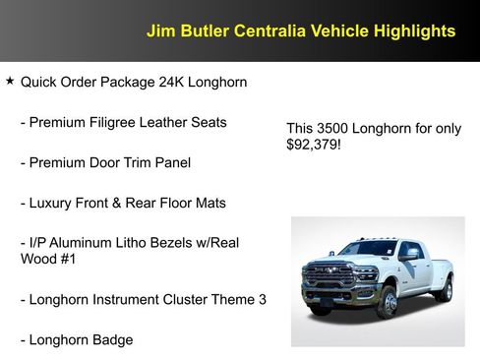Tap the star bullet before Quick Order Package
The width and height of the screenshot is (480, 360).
click(x=10, y=83)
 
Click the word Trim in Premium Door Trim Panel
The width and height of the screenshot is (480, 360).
click(x=143, y=162)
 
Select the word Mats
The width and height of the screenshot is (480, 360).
click(x=209, y=203)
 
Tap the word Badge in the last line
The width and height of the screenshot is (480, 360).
click(x=112, y=339)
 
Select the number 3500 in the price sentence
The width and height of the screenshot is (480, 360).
click(x=333, y=128)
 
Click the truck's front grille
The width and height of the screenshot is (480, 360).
click(x=330, y=277)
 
